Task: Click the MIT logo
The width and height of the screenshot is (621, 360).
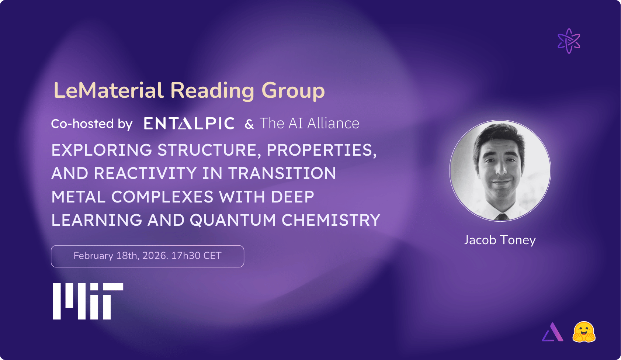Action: (x=88, y=301)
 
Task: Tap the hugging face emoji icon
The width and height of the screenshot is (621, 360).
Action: (x=584, y=332)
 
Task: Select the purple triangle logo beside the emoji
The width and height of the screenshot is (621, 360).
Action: (x=553, y=333)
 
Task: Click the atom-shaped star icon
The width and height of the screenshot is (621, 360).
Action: (x=569, y=41)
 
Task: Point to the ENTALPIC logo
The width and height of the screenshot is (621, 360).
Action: (x=189, y=124)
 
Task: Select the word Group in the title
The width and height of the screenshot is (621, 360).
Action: (x=293, y=91)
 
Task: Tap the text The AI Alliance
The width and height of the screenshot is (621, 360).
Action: (x=309, y=124)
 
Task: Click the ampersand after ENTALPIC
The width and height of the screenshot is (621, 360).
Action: (x=249, y=124)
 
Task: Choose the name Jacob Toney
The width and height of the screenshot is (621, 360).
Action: (x=500, y=240)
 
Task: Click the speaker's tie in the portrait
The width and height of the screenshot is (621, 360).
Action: (x=500, y=217)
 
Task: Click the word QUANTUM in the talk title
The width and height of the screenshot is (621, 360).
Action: (x=233, y=220)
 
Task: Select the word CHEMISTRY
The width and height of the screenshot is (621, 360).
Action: (x=331, y=220)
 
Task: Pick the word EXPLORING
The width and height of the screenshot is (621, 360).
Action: (x=101, y=150)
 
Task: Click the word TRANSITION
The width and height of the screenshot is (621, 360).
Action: (x=282, y=173)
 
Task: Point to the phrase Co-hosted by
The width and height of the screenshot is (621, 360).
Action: (x=91, y=124)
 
